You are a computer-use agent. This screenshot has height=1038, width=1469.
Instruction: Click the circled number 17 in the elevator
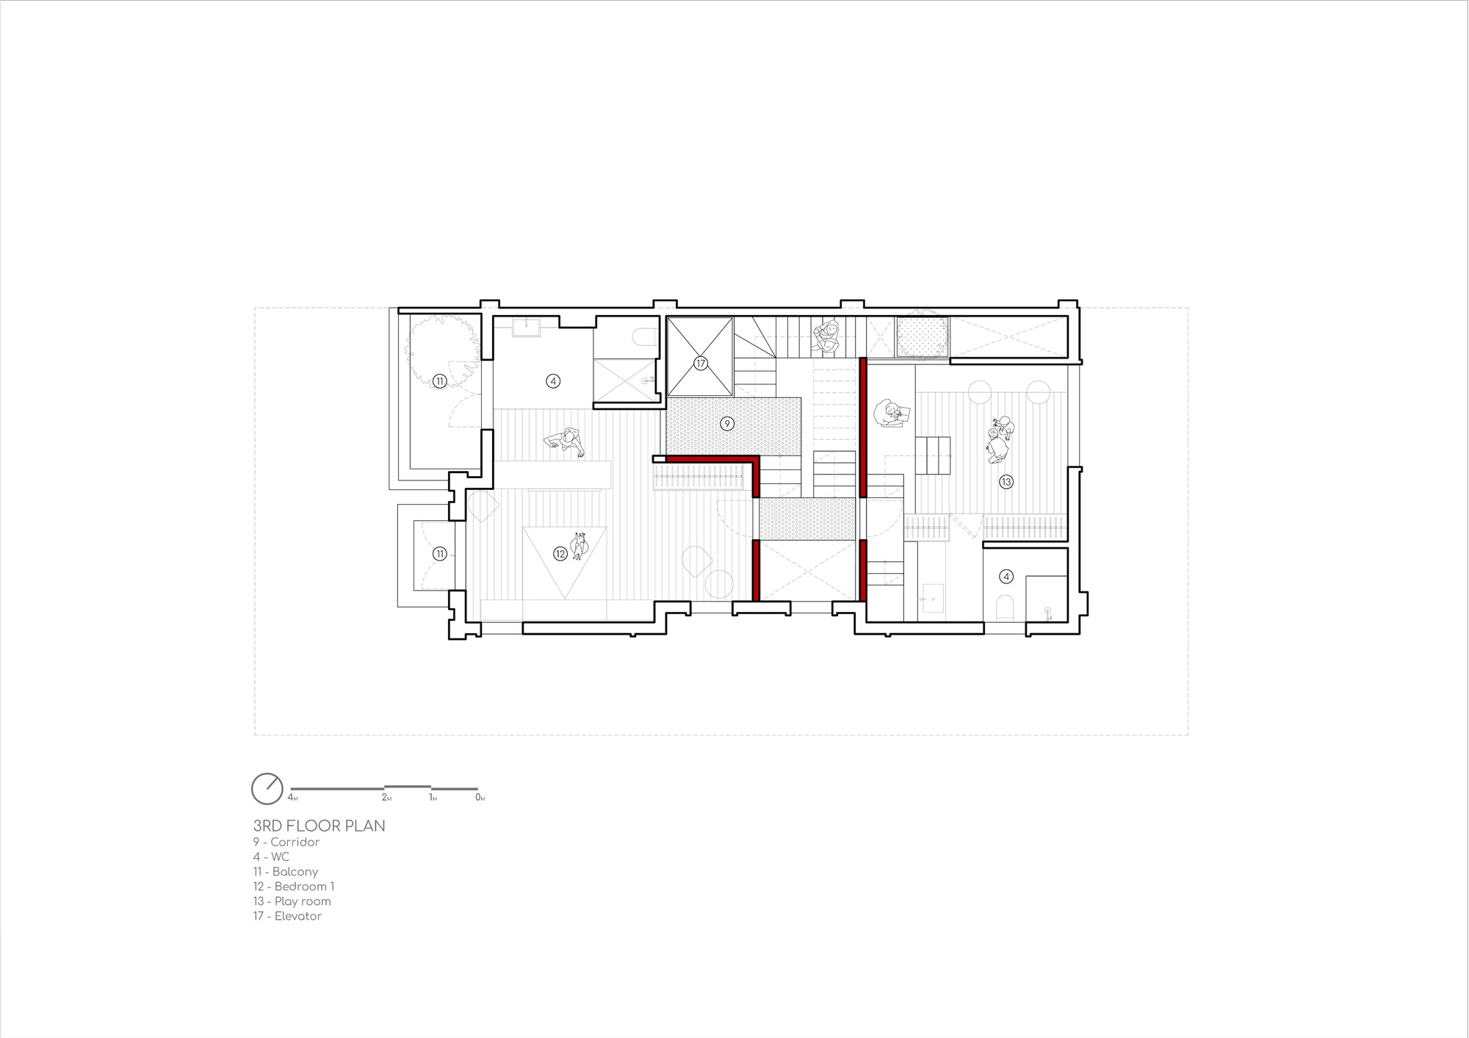tap(700, 364)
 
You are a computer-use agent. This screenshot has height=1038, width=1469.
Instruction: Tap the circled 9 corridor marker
tap(726, 423)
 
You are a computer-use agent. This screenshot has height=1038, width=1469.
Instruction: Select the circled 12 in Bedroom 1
tap(560, 554)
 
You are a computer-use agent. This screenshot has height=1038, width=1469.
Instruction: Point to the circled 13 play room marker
tap(1006, 482)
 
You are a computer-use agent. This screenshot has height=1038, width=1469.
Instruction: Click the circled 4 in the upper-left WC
tap(553, 381)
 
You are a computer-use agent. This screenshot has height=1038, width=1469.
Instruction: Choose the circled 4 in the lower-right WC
tap(1006, 577)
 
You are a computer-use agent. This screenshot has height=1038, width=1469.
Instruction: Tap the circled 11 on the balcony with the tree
tap(439, 381)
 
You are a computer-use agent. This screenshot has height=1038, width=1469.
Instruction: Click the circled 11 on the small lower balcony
tap(439, 554)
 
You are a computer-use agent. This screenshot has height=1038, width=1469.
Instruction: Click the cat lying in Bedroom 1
tap(580, 547)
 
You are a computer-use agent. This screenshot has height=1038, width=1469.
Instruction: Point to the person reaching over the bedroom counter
tap(566, 443)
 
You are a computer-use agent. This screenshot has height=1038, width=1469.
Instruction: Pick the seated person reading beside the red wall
tap(890, 413)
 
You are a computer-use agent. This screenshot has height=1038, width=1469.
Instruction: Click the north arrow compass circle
tap(267, 788)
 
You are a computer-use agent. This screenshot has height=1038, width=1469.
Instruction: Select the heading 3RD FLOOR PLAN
tap(319, 826)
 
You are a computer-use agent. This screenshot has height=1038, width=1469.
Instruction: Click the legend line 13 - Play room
tap(292, 901)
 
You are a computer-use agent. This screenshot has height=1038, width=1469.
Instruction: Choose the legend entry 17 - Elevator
tap(287, 916)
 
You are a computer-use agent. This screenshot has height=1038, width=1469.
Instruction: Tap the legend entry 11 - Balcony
tap(286, 872)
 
